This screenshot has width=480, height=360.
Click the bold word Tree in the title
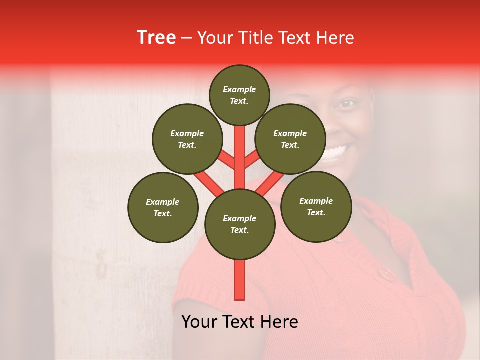pos(156,38)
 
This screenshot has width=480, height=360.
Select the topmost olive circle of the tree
pos(239,95)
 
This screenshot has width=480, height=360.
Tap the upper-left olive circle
pos(187,139)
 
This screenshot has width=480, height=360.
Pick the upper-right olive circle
pos(290,139)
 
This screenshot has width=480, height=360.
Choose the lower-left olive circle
pos(162,207)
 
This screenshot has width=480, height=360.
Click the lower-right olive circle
pos(316,206)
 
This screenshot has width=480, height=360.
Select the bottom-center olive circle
pos(239,224)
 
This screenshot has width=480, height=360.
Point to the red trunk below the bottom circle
pos(239,280)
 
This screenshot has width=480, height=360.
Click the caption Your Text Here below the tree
pos(239,322)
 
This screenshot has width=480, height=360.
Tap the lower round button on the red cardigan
pos(385,273)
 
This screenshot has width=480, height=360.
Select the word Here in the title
pos(333,38)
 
